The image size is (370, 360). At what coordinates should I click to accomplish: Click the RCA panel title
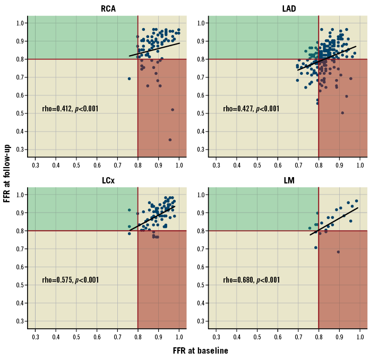108,8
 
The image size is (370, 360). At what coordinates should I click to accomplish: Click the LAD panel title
289,8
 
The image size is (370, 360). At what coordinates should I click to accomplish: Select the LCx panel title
108,180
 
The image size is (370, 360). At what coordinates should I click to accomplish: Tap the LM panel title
289,180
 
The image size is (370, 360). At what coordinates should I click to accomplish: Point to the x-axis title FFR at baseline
200,350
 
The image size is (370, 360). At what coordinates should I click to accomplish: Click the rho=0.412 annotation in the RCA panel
70,109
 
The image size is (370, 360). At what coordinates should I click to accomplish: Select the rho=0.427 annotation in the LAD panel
251,109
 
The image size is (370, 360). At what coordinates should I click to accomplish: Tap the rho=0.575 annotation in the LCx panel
70,280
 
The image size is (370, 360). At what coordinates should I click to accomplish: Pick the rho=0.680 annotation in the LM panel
251,280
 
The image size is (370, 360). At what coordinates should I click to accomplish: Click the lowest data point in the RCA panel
170,140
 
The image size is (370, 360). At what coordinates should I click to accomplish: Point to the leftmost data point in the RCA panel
129,78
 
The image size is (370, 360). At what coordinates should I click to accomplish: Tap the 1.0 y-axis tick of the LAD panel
202,23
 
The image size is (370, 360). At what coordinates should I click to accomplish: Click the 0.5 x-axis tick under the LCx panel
76,336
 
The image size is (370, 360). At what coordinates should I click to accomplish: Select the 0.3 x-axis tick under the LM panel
216,336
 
